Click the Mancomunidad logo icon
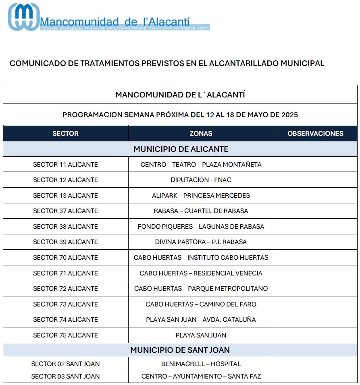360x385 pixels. [x=24, y=17]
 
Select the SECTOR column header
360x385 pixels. [x=65, y=134]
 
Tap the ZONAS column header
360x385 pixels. [x=201, y=134]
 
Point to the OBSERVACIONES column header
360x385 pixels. [x=315, y=134]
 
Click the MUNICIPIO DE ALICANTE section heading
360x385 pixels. [x=181, y=149]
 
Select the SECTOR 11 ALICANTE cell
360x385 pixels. [x=65, y=165]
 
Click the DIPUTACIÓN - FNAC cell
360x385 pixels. [x=201, y=180]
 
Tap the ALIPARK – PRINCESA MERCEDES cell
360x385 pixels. [x=201, y=196]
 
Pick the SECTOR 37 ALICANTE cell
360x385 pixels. [x=65, y=211]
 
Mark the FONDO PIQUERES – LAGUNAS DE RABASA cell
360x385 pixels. [x=201, y=227]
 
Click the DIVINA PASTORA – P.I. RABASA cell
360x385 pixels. [x=201, y=242]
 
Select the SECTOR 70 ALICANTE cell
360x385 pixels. [x=65, y=258]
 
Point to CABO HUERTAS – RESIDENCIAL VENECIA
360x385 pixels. [x=201, y=273]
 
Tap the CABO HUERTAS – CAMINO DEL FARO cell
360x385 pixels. [x=201, y=304]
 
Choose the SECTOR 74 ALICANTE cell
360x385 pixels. [x=65, y=320]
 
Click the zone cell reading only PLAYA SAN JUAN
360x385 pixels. [x=201, y=335]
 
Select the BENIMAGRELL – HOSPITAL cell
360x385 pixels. [x=201, y=364]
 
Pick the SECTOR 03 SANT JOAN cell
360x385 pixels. [x=65, y=377]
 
